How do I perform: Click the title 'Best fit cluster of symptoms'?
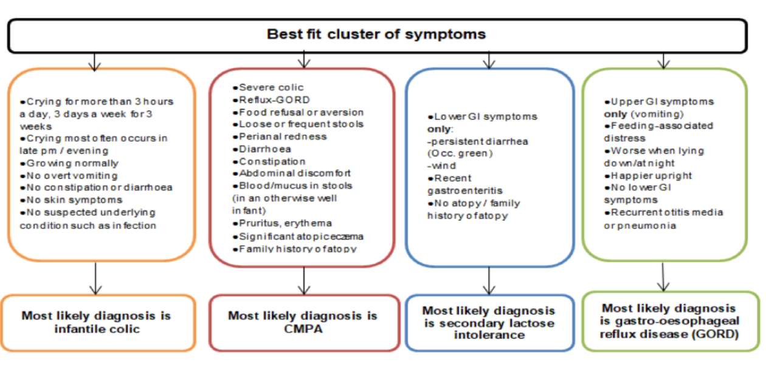(376, 34)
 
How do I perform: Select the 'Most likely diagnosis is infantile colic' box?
(97, 322)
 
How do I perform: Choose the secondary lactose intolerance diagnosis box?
(489, 323)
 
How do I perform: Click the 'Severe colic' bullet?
(271, 88)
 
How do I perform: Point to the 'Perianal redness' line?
(283, 136)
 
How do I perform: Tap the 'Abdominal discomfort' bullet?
(294, 173)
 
